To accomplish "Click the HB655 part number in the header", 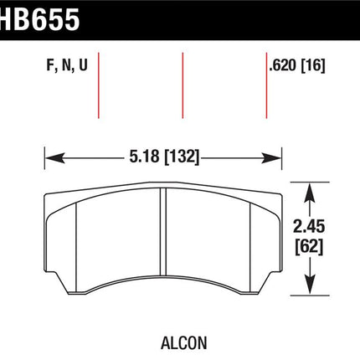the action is point(39,19).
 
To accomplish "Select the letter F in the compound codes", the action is point(50,65).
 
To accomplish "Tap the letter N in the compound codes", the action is point(66,65).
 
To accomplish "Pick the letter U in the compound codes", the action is point(83,65).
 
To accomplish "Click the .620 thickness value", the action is point(282,66).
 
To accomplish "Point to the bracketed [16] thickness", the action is point(313,66).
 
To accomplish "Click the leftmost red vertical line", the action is point(99,85).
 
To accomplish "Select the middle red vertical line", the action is point(183,85).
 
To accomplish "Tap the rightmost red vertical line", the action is point(266,85).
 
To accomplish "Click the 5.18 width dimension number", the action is point(144,156).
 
